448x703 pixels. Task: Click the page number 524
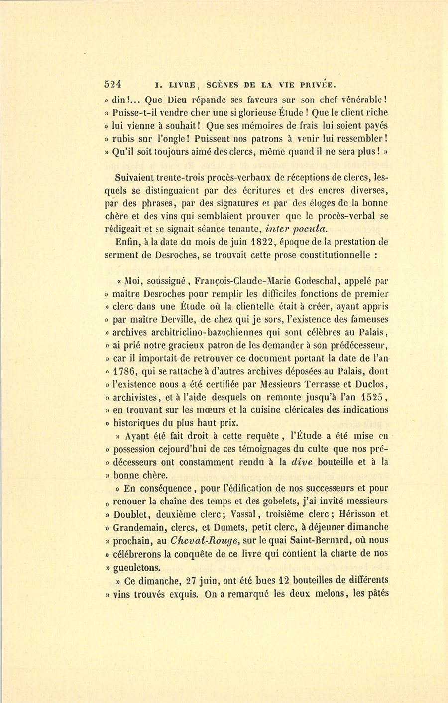[113, 84]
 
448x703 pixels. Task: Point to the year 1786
[125, 371]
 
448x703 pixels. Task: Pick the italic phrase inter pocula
[296, 229]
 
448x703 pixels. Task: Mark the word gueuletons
[137, 567]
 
